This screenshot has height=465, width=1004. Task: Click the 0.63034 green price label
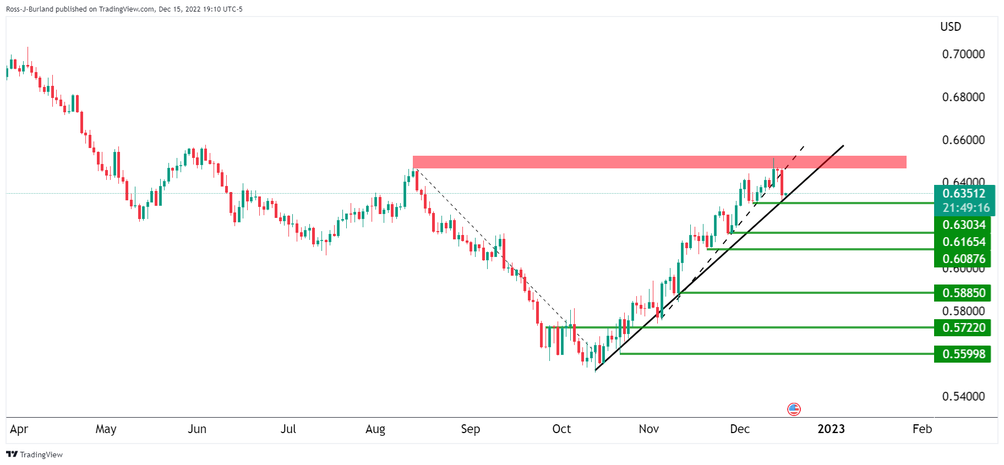pyautogui.click(x=963, y=225)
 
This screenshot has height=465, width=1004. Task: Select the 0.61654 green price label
pyautogui.click(x=963, y=242)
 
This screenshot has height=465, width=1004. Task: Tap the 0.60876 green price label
pyautogui.click(x=963, y=259)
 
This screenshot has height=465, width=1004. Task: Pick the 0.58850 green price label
pyautogui.click(x=963, y=293)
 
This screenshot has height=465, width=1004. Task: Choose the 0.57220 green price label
pyautogui.click(x=963, y=327)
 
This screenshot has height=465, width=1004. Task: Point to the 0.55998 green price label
pyautogui.click(x=963, y=354)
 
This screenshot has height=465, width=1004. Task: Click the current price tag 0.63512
pyautogui.click(x=964, y=193)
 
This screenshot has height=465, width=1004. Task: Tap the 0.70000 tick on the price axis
pyautogui.click(x=963, y=54)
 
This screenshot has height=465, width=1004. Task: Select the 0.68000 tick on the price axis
pyautogui.click(x=963, y=97)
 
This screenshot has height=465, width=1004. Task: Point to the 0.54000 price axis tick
pyautogui.click(x=963, y=396)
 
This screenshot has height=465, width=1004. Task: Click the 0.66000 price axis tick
pyautogui.click(x=963, y=140)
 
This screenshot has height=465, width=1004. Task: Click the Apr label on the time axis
pyautogui.click(x=19, y=429)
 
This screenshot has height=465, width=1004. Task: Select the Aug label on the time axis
pyautogui.click(x=375, y=429)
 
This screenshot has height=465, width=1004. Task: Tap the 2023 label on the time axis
pyautogui.click(x=831, y=429)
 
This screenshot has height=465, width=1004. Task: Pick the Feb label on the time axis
pyautogui.click(x=922, y=429)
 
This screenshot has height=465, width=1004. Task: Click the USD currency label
pyautogui.click(x=951, y=26)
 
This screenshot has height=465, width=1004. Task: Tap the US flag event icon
pyautogui.click(x=794, y=409)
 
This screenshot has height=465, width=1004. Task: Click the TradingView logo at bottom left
pyautogui.click(x=34, y=455)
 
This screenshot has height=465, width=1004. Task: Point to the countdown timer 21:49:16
pyautogui.click(x=967, y=207)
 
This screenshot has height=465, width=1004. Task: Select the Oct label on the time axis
pyautogui.click(x=561, y=429)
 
